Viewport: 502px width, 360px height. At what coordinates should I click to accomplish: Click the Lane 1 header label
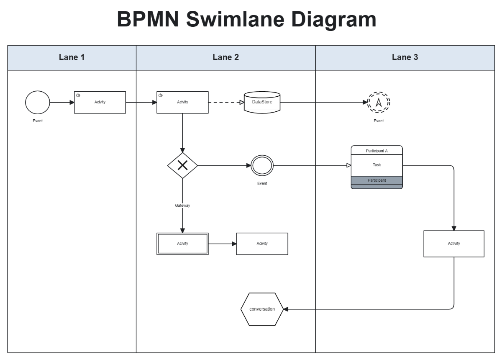pos(72,57)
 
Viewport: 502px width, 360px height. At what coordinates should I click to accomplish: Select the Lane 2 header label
pos(225,57)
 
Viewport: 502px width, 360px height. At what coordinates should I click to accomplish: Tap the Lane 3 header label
pos(405,57)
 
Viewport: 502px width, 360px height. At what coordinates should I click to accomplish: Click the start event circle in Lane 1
pos(38,102)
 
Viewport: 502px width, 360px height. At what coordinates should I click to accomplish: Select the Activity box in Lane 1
pos(100,102)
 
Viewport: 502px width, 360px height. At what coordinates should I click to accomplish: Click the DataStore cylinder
pos(262,102)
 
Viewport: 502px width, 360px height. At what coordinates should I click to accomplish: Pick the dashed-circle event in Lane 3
pos(379,102)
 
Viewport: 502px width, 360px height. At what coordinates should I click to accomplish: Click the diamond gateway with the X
pos(182,165)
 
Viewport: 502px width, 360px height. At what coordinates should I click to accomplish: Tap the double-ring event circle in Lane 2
pos(262,165)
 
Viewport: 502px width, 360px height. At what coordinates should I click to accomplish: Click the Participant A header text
pos(376,151)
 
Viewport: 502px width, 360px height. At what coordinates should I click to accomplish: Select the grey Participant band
pos(376,180)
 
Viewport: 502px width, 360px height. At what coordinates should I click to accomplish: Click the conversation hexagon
pos(262,309)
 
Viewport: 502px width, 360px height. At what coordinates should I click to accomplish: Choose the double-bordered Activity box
pos(182,244)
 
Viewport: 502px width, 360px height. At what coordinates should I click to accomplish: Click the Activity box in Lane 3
pos(454,244)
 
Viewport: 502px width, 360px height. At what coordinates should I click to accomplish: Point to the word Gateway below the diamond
pos(182,206)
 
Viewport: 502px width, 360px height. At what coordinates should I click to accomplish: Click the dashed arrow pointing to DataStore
pos(226,102)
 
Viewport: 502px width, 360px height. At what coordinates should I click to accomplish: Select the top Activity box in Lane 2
pos(182,102)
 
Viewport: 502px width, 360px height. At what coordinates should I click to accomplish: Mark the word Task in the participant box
pos(376,165)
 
